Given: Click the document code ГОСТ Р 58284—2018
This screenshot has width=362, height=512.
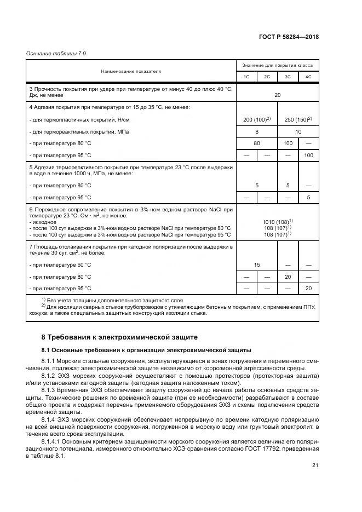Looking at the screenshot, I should click(x=288, y=37).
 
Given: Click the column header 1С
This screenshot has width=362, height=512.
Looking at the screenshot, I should click(x=246, y=77).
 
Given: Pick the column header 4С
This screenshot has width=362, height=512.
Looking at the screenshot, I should click(x=308, y=77).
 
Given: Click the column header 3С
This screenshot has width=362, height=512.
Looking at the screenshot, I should click(x=288, y=77).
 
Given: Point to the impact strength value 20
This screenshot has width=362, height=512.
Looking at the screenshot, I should click(x=277, y=95).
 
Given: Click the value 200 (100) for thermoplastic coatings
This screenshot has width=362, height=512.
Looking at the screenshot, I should click(x=256, y=119).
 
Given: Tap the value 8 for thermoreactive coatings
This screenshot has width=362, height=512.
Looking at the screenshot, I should click(x=256, y=132).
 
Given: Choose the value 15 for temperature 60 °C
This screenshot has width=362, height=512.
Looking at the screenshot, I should click(x=256, y=265).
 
